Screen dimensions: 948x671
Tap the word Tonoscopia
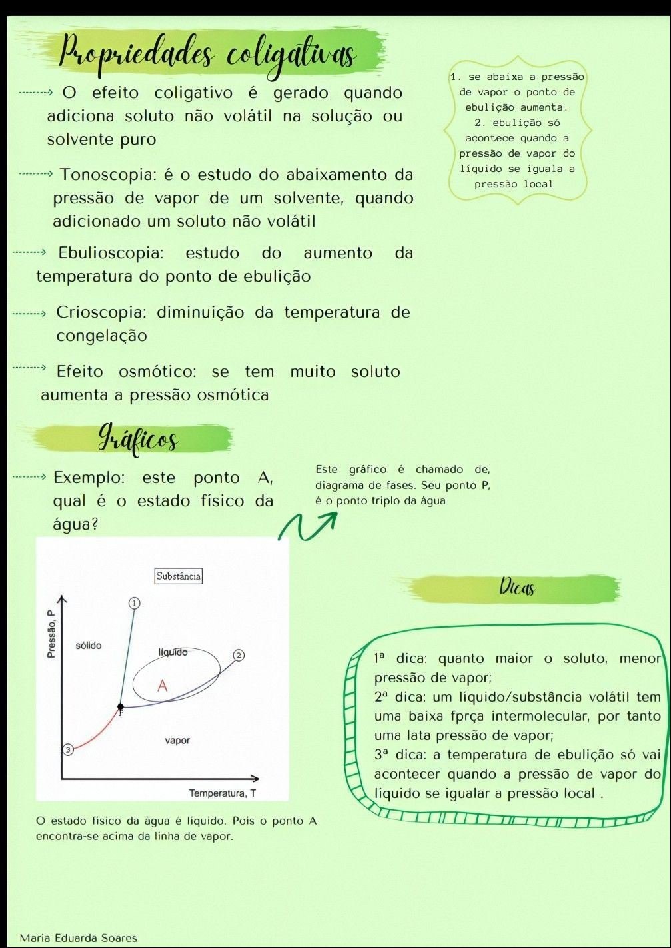pos(107,175)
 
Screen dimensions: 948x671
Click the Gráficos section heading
pos(138,438)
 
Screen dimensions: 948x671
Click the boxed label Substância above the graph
pos(178,576)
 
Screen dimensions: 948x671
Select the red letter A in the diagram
pos(162,686)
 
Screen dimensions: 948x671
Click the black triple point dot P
pos(121,706)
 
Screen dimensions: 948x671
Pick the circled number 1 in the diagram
pos(134,603)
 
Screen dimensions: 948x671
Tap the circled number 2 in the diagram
pos(238,656)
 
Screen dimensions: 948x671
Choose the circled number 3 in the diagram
pos(67,750)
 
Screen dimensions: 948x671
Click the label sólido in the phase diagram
pos(89,646)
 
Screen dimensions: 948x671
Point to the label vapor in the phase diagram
pos(177,740)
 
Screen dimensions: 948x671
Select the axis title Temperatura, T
pos(222,793)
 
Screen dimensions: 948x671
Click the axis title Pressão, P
pos(51,634)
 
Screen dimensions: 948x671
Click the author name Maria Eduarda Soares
pos(78,938)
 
